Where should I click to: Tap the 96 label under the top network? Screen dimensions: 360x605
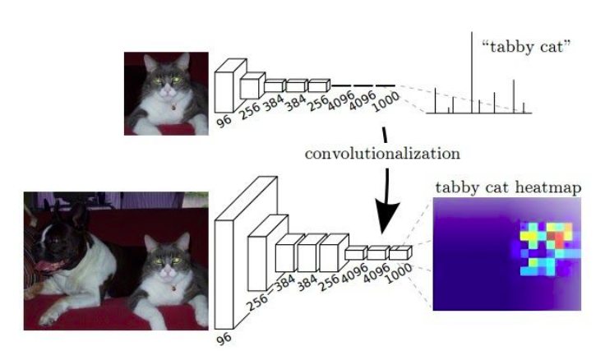pos(224,121)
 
